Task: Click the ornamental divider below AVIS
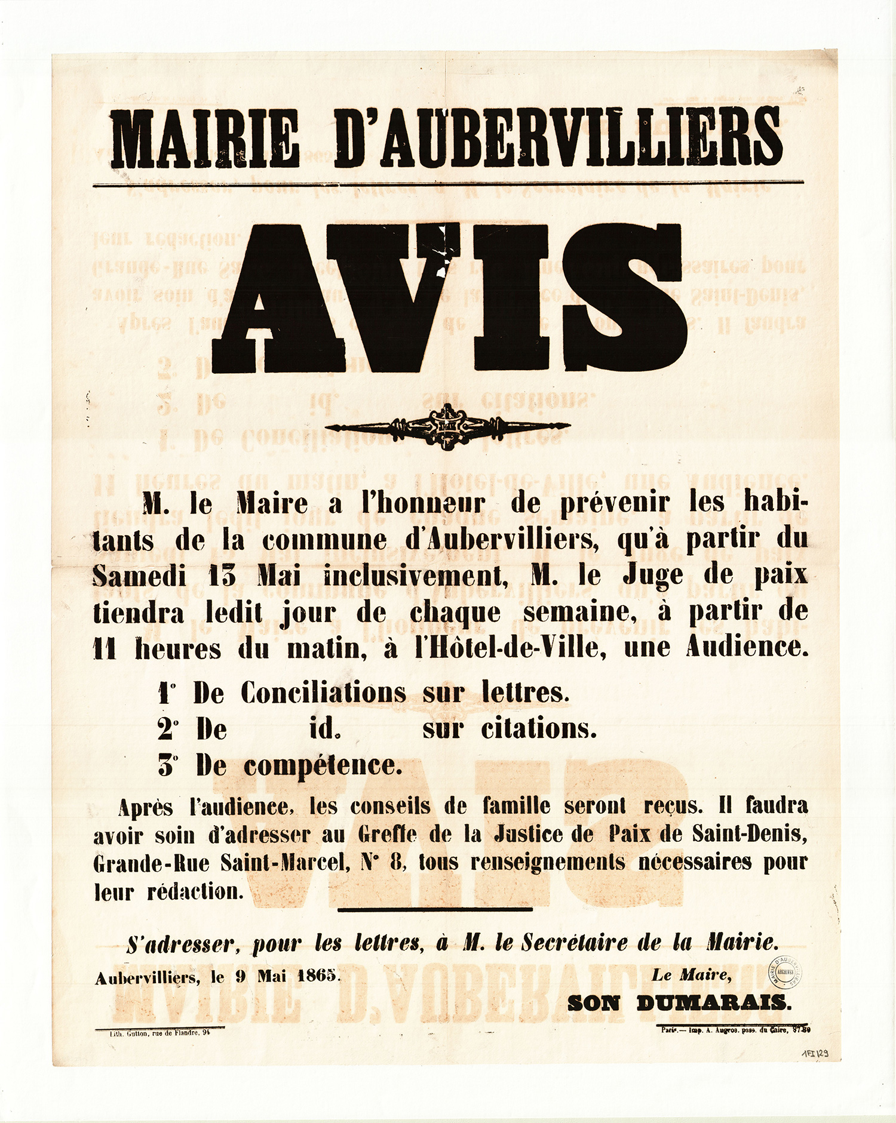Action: coord(447,426)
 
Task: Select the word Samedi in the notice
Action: coord(139,576)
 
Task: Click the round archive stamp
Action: coord(784,971)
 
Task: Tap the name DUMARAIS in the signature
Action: coord(714,1003)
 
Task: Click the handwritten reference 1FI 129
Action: coord(815,1054)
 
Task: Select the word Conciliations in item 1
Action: coord(323,693)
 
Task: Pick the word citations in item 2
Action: coord(539,729)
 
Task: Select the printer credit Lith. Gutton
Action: coord(159,1033)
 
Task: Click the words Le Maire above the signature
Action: coord(691,976)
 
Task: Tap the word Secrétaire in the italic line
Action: coord(577,943)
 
